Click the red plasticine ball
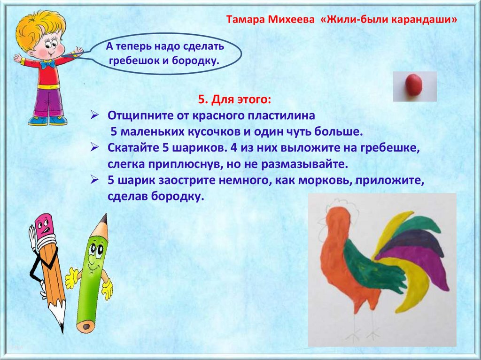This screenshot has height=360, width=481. [x=414, y=85]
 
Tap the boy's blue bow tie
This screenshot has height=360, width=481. [x=47, y=64]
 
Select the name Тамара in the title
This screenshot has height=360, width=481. [x=245, y=20]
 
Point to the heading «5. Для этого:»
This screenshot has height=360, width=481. [x=235, y=100]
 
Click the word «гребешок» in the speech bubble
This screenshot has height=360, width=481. [x=134, y=61]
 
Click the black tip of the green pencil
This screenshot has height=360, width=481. [x=104, y=219]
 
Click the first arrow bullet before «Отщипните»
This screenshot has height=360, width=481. [x=94, y=115]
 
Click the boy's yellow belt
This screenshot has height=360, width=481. [x=49, y=86]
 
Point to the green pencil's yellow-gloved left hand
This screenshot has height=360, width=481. [x=71, y=278]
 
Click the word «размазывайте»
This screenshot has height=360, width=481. [x=304, y=165]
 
